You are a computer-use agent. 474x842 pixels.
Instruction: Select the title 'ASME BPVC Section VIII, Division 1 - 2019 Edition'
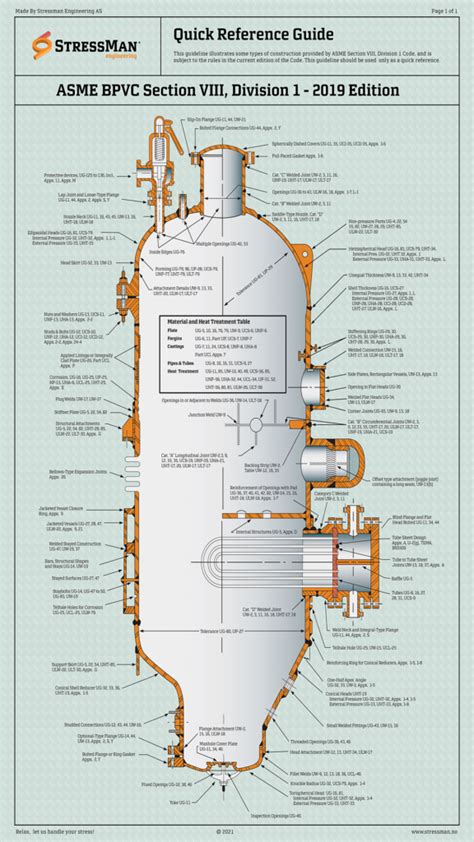click(237, 90)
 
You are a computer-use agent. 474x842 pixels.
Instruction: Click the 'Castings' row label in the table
click(175, 318)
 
